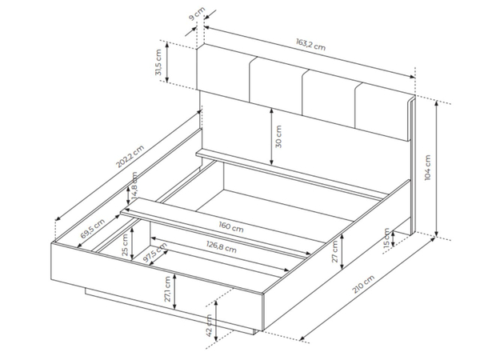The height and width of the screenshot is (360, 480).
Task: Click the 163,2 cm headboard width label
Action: click(310, 44)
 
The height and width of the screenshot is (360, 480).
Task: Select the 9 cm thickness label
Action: click(197, 14)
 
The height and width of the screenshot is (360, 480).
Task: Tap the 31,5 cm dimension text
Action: click(158, 62)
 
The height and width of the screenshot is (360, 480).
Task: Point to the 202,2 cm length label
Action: click(130, 157)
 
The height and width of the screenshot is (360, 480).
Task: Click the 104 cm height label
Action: click(428, 167)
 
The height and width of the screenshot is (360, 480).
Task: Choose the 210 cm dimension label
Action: click(363, 284)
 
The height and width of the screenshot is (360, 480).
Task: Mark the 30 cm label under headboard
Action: click(278, 137)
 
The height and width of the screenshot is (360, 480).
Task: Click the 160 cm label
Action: click(231, 227)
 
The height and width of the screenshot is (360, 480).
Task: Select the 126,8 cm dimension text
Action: click(222, 246)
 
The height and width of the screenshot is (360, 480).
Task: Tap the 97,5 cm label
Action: click(155, 253)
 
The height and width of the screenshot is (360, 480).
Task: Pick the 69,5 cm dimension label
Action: click(93, 229)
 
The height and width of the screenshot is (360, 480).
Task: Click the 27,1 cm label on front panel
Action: click(167, 289)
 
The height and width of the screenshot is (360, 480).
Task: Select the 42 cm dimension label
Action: click(210, 326)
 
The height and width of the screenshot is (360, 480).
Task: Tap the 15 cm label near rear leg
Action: click(386, 238)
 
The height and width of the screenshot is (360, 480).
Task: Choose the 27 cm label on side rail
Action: click(334, 252)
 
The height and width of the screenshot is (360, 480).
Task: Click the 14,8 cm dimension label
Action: click(134, 186)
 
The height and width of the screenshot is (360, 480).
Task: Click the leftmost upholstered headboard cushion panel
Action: click(223, 74)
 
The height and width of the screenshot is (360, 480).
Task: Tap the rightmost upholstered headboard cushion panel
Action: click(383, 112)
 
